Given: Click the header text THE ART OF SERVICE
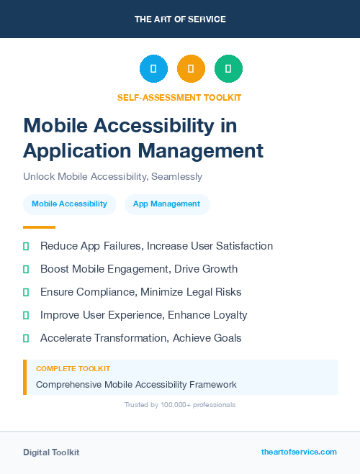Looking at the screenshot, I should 179,19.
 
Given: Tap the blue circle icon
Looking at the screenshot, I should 153,69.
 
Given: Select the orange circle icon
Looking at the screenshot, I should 191,69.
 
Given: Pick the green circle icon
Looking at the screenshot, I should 228,69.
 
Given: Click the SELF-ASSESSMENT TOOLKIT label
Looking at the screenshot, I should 179,97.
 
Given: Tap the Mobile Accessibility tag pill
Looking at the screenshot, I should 69,204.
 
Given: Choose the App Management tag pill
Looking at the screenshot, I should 166,204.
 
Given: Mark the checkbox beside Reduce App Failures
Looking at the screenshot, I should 26,246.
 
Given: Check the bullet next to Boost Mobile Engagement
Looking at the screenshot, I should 26,269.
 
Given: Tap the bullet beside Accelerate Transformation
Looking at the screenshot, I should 26,338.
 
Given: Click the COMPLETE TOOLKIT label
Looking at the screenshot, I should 73,369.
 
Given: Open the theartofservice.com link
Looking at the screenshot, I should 299,452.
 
